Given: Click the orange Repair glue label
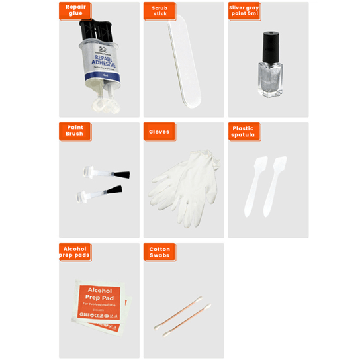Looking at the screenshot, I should click(75, 10).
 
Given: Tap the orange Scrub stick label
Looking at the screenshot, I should click(159, 11).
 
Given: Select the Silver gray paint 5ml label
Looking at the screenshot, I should click(244, 11).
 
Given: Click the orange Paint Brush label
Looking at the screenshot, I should click(75, 130).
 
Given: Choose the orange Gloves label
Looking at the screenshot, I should click(159, 131).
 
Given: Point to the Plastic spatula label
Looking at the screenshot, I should click(244, 131).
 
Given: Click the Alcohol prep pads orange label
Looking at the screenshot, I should click(75, 251).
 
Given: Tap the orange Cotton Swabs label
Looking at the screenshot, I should click(159, 251).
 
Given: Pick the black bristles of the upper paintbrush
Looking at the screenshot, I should click(122, 175).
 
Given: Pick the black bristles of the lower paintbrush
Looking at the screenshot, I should click(114, 191).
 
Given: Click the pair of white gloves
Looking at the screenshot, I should click(182, 189).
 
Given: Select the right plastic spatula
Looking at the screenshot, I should click(273, 185).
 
